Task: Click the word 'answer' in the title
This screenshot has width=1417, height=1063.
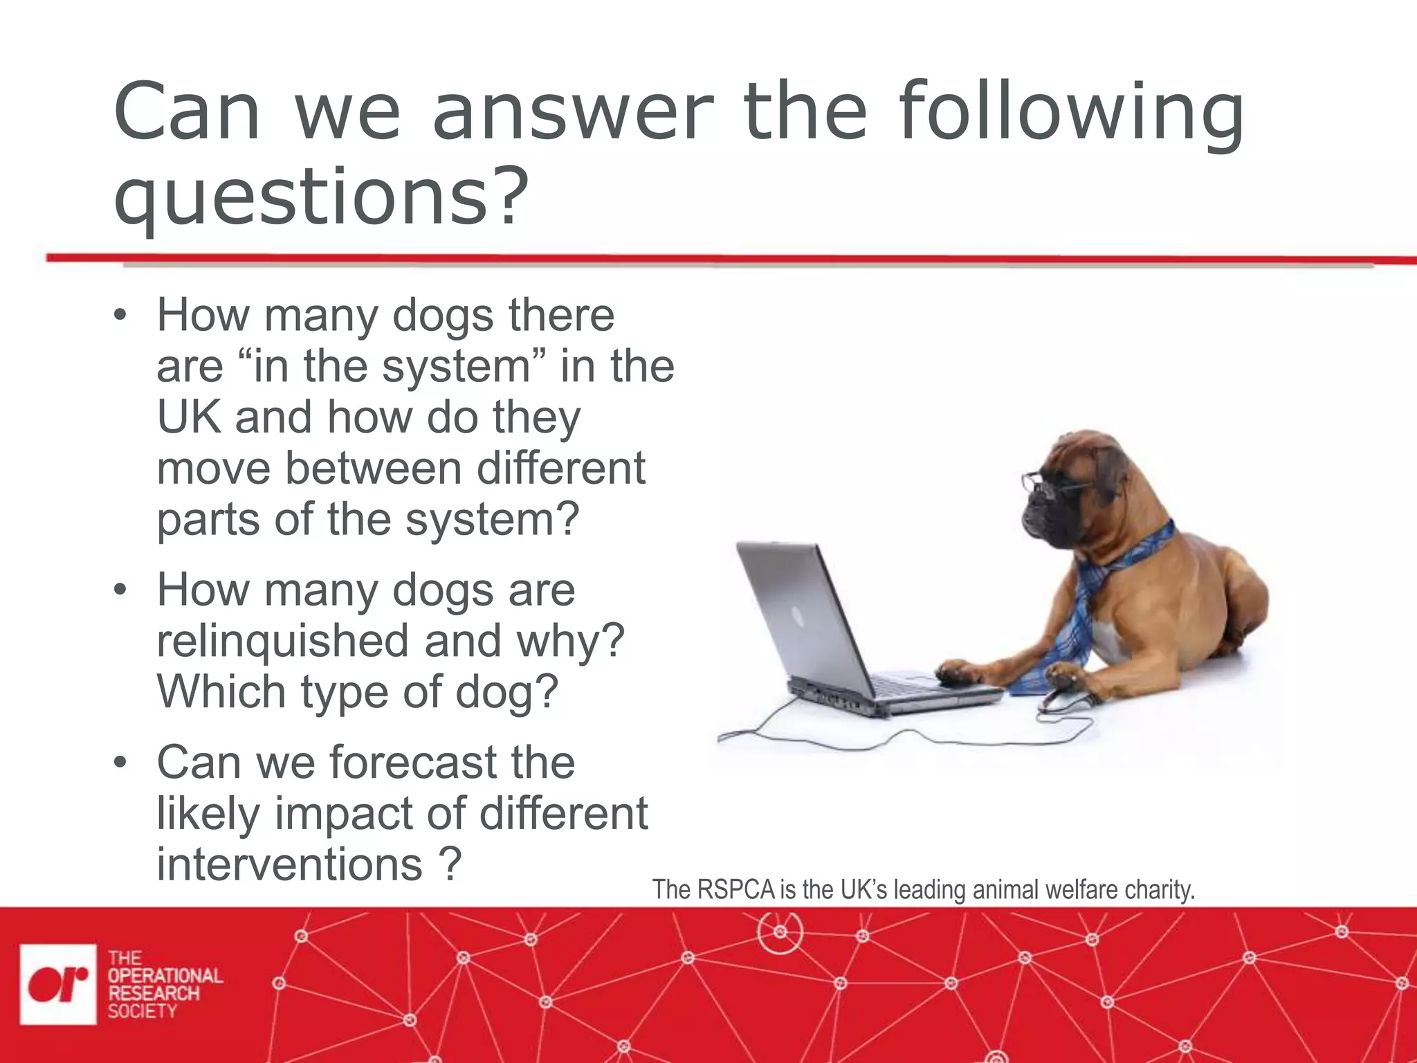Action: pyautogui.click(x=572, y=112)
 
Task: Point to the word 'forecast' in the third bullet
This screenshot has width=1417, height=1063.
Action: pyautogui.click(x=413, y=762)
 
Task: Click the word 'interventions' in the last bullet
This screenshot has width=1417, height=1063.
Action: pyautogui.click(x=289, y=864)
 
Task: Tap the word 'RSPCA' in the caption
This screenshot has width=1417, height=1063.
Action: pyautogui.click(x=735, y=889)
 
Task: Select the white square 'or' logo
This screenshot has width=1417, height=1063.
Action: pyautogui.click(x=58, y=983)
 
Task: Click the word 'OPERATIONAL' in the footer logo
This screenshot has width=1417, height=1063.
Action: pyautogui.click(x=165, y=976)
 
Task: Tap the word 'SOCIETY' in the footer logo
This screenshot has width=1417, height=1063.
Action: pyautogui.click(x=142, y=1011)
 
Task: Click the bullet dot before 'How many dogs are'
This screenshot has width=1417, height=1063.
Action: pyautogui.click(x=120, y=590)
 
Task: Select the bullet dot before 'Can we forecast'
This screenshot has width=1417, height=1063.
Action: pyautogui.click(x=120, y=763)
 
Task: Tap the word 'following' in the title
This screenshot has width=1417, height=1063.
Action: pyautogui.click(x=1070, y=112)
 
